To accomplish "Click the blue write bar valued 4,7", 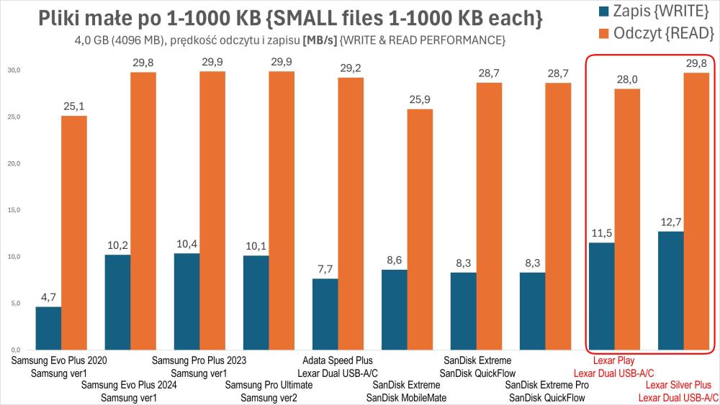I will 48,329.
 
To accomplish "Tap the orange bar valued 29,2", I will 350,213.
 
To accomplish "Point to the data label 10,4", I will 186,244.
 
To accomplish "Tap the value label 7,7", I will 325,269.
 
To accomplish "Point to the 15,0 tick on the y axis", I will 14,210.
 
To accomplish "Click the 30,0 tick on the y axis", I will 14,70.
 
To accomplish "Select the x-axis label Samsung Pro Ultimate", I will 269,386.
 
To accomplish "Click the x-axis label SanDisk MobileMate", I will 407,398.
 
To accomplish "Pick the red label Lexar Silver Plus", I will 678,386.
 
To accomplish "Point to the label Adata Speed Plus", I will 338,360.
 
